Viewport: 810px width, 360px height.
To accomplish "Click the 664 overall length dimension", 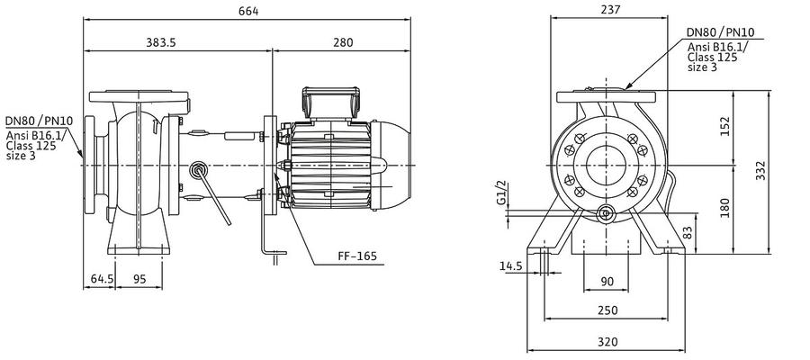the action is (x=248, y=11).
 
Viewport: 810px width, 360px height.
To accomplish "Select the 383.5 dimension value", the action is (x=160, y=42).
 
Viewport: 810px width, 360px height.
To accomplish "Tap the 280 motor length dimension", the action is (x=343, y=42).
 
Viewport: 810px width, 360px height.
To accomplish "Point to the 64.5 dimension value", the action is (x=103, y=279).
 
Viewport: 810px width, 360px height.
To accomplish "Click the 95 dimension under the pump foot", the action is (x=139, y=279).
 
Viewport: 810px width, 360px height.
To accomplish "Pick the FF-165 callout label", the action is (x=357, y=256).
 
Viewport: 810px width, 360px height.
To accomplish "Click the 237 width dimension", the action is (x=610, y=9).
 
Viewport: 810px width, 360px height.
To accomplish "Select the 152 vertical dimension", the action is (x=725, y=127).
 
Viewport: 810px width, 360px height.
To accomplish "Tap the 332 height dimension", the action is (x=760, y=170).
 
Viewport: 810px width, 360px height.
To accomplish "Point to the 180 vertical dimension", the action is (x=725, y=208).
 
